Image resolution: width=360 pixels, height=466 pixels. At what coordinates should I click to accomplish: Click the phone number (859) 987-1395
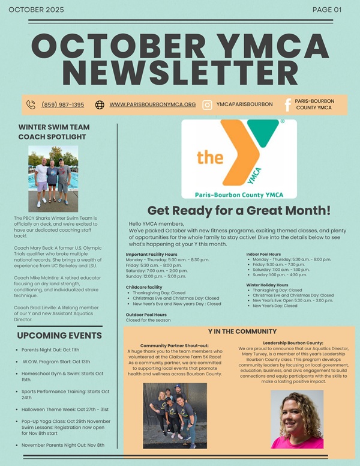(62, 104)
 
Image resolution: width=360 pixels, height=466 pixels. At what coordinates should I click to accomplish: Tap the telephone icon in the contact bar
(31, 104)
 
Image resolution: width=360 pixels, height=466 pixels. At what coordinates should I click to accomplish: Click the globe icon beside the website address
(100, 104)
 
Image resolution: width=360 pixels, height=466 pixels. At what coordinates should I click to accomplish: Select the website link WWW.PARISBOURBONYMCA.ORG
(152, 104)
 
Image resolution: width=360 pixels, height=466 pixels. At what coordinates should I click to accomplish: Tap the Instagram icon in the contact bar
(207, 104)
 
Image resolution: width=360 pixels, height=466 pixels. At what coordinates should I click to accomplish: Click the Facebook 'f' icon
(287, 104)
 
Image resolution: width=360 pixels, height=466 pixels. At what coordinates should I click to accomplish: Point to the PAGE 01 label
(327, 10)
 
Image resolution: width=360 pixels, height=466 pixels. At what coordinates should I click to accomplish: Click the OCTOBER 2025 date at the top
(37, 10)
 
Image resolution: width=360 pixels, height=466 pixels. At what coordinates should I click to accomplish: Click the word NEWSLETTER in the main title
(180, 73)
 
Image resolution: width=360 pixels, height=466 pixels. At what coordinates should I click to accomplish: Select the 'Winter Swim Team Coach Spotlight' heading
(54, 132)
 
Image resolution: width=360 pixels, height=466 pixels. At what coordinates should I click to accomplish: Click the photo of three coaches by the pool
(53, 178)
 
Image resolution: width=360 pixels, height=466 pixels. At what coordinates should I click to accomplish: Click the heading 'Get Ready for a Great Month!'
(239, 210)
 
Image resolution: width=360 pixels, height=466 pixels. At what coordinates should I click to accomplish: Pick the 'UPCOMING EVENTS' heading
(59, 335)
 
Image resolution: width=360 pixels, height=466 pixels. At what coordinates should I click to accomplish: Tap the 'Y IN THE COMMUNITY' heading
(242, 331)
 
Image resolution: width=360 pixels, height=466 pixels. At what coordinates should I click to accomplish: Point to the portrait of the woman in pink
(296, 419)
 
